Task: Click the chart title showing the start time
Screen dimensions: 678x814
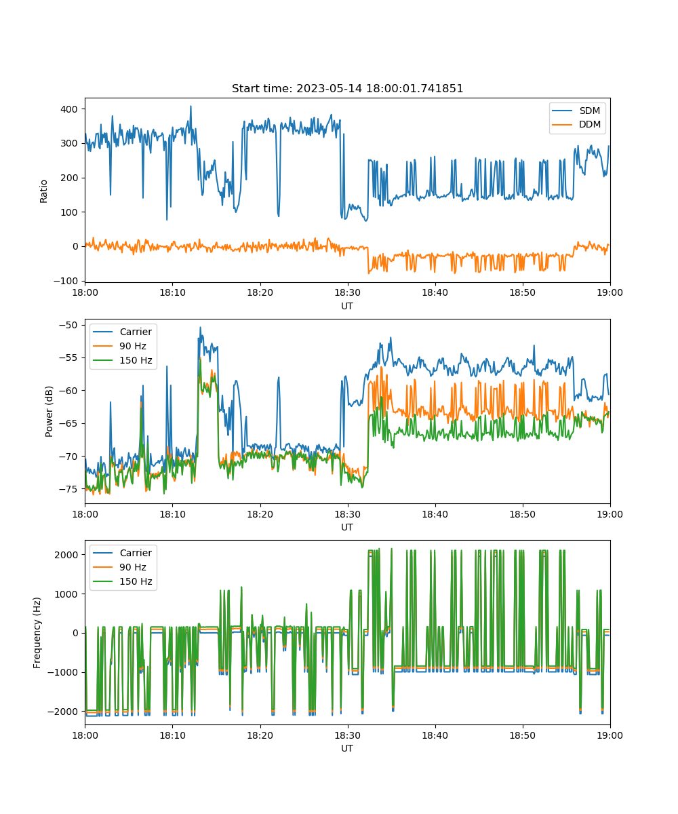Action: point(347,88)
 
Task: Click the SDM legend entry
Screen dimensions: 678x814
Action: point(576,111)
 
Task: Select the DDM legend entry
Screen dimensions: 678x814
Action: point(576,124)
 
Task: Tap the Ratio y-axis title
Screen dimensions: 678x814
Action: point(43,191)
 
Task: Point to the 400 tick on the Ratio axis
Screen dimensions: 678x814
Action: point(69,109)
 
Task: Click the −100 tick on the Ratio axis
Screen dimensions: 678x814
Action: point(66,281)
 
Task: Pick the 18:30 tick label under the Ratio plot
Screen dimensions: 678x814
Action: point(348,292)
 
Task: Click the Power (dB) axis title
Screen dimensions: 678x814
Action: point(49,412)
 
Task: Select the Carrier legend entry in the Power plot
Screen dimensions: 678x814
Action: point(123,332)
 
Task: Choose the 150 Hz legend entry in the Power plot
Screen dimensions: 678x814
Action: point(123,360)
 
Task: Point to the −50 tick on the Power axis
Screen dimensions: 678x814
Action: point(68,325)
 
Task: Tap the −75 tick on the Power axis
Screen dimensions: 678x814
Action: point(68,489)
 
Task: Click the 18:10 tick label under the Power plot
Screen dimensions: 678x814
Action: point(173,514)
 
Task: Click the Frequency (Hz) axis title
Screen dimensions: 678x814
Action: point(37,632)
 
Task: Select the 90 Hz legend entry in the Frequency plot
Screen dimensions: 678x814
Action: point(123,567)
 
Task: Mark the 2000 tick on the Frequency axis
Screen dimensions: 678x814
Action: point(66,555)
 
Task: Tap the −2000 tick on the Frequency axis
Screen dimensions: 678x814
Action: point(63,712)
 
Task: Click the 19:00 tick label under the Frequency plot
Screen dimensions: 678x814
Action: point(610,735)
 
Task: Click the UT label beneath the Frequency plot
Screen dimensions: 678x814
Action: point(347,748)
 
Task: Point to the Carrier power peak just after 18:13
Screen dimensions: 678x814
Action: point(201,328)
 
